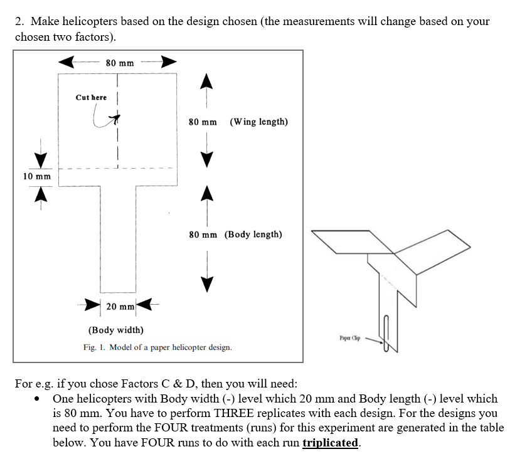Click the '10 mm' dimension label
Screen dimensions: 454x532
click(x=37, y=176)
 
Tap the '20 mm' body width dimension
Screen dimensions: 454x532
click(x=119, y=307)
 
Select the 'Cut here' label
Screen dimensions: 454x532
click(x=91, y=97)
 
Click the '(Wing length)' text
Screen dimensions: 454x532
click(x=259, y=122)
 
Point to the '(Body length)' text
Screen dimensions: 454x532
click(x=253, y=235)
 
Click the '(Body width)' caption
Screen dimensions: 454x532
click(x=115, y=330)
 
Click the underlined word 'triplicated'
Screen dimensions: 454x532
click(x=331, y=443)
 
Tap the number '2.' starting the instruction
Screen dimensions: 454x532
click(x=20, y=21)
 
